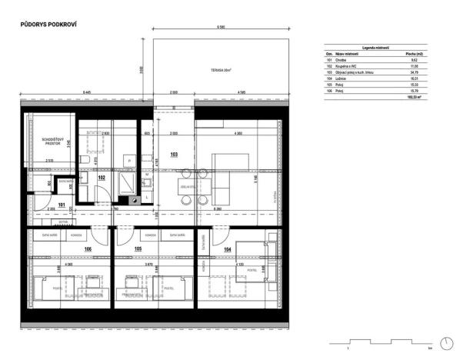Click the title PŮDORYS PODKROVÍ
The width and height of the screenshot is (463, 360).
point(48,25)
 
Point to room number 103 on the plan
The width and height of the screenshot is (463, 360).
point(174,155)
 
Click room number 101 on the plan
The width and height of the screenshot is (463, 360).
point(62,205)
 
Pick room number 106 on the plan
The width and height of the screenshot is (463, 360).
point(88,249)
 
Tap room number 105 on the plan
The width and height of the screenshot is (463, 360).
point(138,249)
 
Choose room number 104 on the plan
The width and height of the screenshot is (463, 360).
point(227,249)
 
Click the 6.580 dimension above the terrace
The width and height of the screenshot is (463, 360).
point(222,28)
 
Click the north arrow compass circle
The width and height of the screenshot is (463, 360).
point(446,343)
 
